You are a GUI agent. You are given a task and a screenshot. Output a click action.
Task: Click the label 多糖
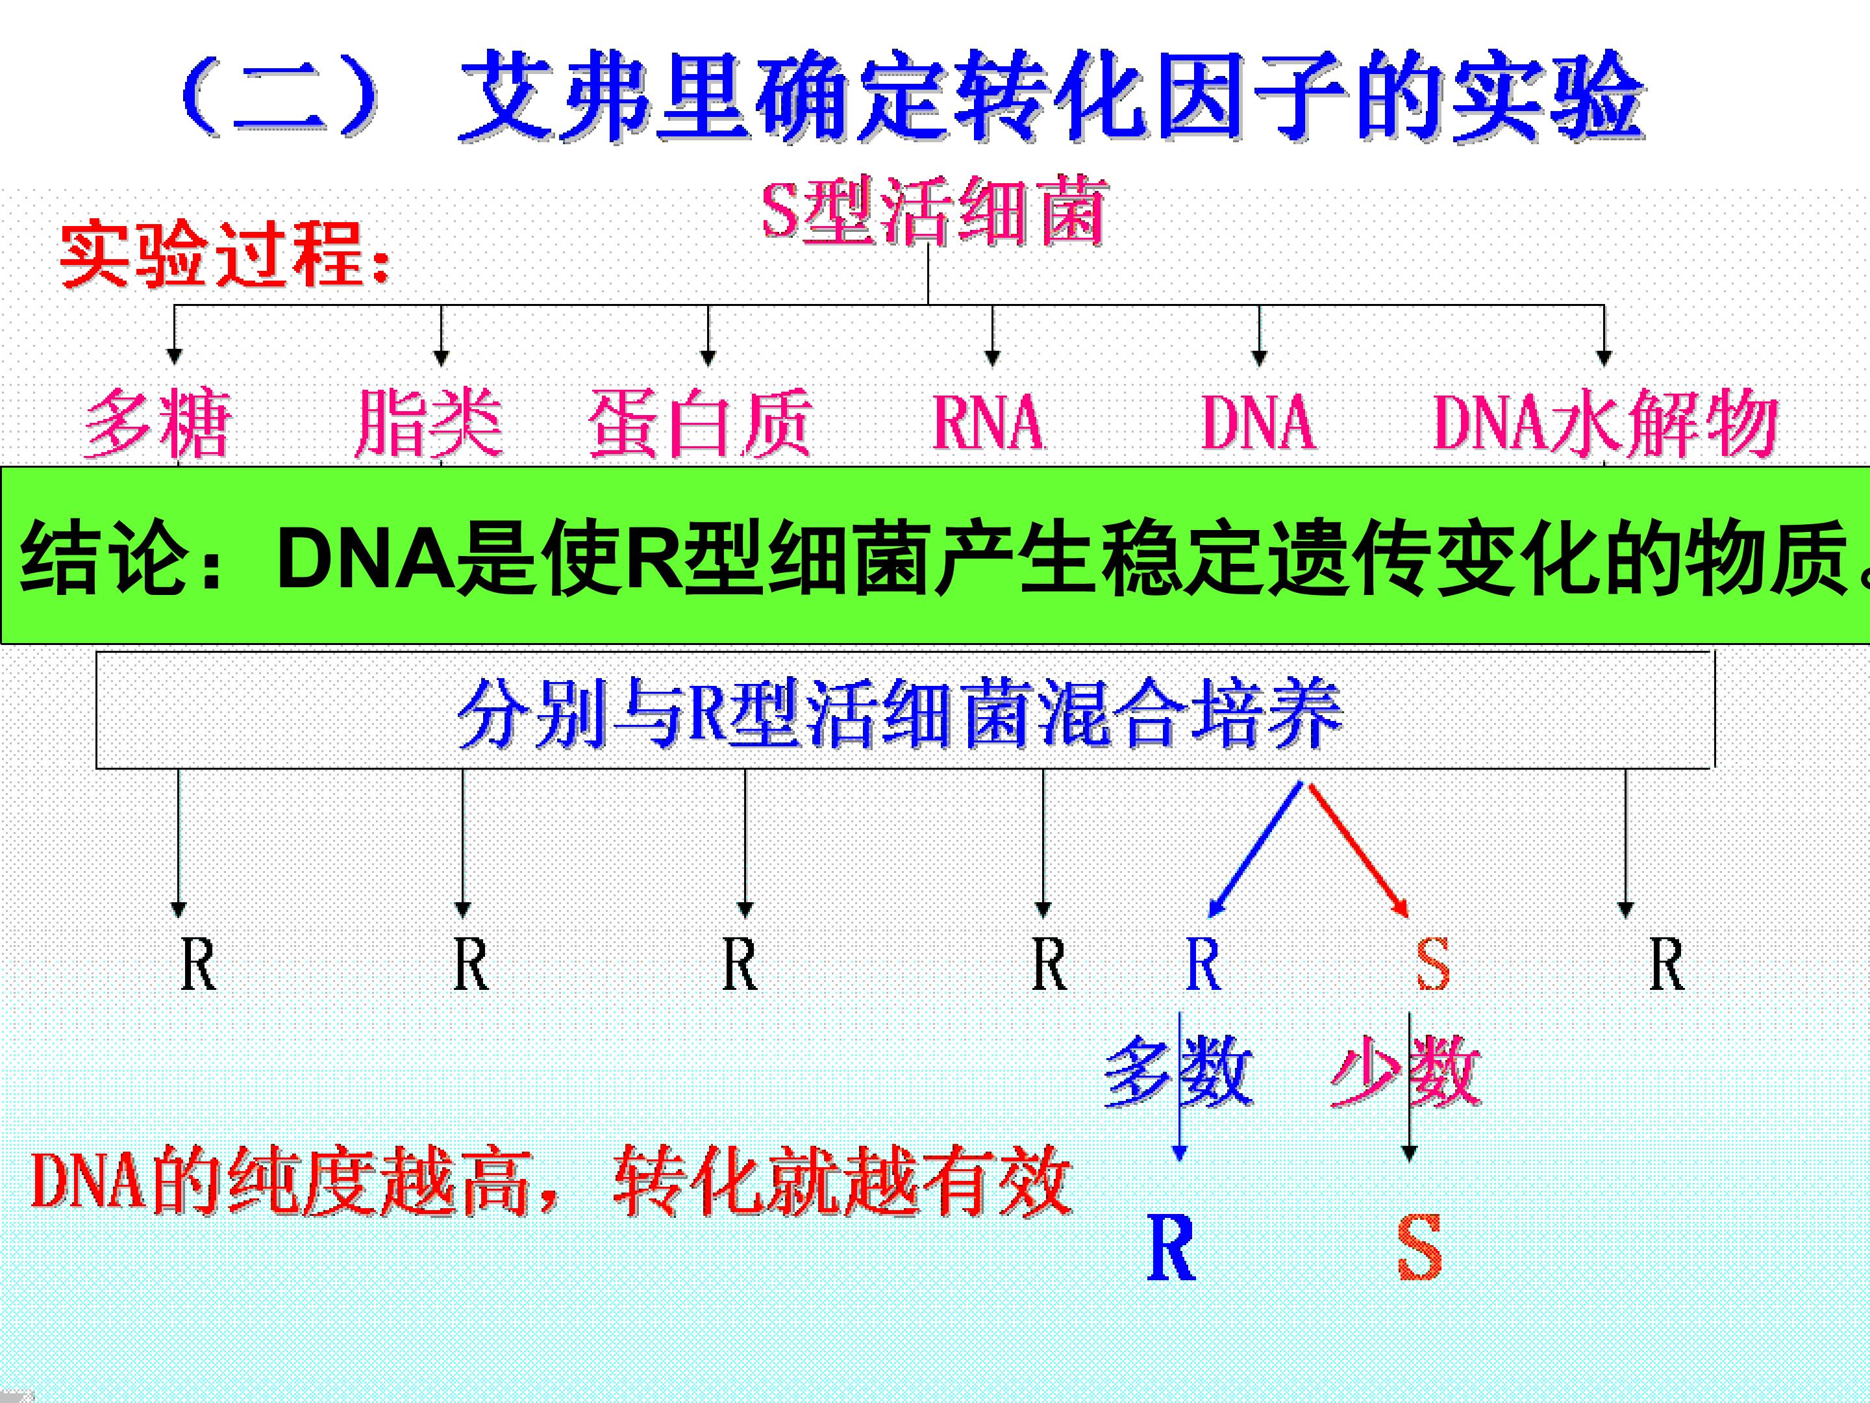pyautogui.click(x=157, y=423)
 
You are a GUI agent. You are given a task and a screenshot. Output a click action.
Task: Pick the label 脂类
pyautogui.click(x=428, y=423)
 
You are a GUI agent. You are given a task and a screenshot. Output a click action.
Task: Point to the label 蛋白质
pyautogui.click(x=700, y=423)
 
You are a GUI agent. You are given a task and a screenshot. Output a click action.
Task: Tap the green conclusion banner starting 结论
pyautogui.click(x=935, y=555)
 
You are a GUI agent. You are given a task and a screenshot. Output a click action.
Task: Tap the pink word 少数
pyautogui.click(x=1405, y=1072)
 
